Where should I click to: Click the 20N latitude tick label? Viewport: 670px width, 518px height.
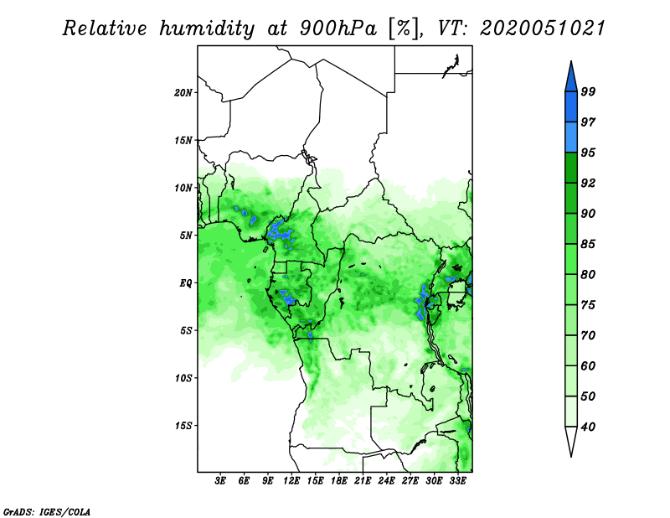coord(183,92)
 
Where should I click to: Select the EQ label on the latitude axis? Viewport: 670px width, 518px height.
coord(186,282)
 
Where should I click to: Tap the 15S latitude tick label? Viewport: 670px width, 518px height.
coord(183,426)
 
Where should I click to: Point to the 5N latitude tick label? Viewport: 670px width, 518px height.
coord(186,236)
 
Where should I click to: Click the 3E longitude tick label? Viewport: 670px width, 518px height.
coord(220,481)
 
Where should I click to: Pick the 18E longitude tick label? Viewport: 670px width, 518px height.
coord(339,481)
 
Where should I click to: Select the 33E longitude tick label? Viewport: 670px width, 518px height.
coord(457,481)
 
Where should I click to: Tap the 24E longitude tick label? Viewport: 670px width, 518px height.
coord(386,481)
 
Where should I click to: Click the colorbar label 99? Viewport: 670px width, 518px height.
coord(588,91)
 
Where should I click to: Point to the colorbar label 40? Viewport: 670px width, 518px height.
coord(588,427)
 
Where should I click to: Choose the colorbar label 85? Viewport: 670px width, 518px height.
coord(588,244)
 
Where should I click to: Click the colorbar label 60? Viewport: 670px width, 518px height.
coord(588,365)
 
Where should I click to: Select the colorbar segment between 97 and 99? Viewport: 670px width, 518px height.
coord(571,107)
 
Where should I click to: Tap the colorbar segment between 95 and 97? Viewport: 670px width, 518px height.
coord(571,137)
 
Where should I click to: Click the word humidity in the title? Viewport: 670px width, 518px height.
coord(206,29)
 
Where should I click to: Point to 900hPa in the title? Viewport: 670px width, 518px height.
coord(338,28)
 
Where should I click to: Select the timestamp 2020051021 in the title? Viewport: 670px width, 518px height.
coord(543,28)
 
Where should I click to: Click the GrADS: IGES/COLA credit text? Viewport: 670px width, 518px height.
coord(47,511)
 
